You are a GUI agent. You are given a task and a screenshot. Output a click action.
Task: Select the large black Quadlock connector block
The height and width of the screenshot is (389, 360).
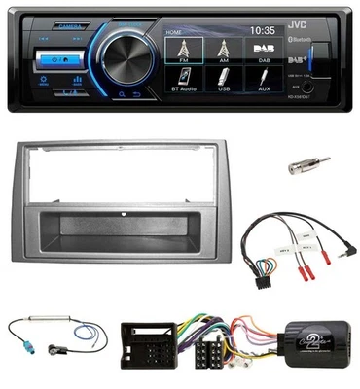tap(147, 356)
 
